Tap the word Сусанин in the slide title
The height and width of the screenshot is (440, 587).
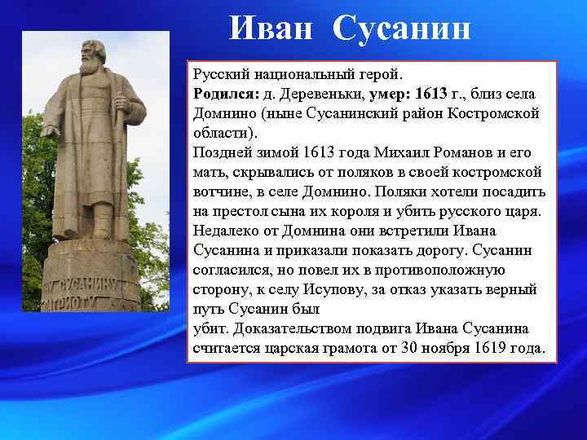(402, 30)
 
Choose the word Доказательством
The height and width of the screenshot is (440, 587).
(299, 329)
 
